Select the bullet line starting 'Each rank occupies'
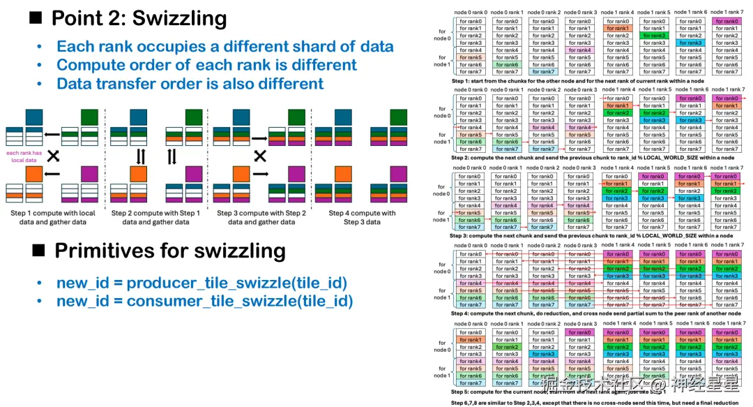tap(225, 47)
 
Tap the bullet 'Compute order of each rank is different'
tap(206, 65)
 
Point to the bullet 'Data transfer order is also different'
tap(190, 83)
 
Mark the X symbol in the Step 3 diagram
tap(261, 154)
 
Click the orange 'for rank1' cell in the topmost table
tap(617, 29)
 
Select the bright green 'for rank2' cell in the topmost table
tap(654, 36)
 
